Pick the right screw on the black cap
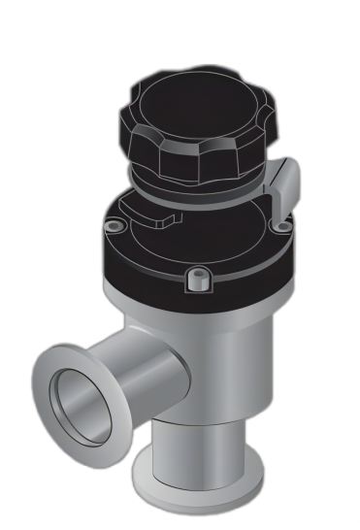(x=282, y=226)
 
